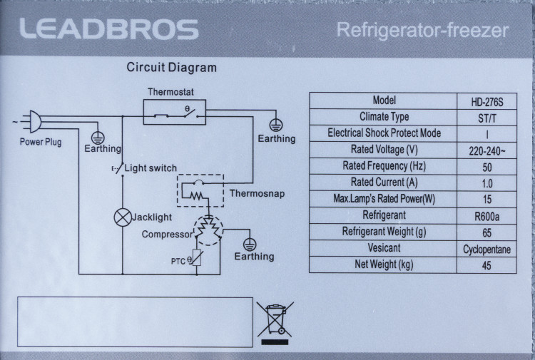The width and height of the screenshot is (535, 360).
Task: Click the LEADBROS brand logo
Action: tap(108, 30)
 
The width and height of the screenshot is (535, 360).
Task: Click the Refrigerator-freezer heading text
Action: tap(422, 31)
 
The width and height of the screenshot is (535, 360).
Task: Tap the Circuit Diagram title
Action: tap(171, 68)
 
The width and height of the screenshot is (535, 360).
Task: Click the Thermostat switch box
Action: tap(175, 112)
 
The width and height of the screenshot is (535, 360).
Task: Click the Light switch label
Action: tap(151, 168)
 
